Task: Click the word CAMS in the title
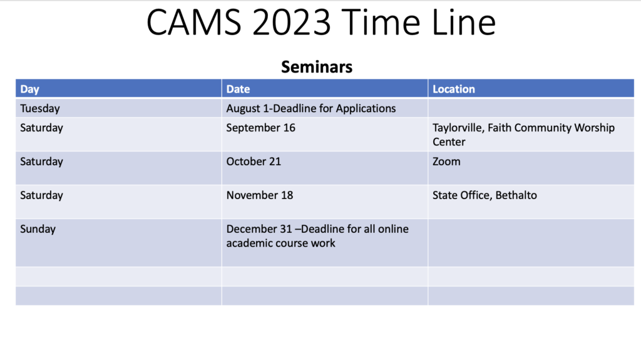click(x=194, y=23)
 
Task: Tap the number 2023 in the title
click(x=292, y=23)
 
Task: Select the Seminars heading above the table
click(x=317, y=67)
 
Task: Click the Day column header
click(x=30, y=89)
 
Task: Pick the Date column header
click(x=238, y=89)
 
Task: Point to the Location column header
click(x=454, y=89)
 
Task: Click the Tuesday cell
click(x=40, y=108)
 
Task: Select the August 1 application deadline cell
click(x=311, y=108)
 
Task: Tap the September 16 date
click(x=261, y=128)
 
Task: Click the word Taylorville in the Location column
click(x=459, y=128)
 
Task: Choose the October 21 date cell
click(x=254, y=162)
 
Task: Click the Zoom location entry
click(x=446, y=162)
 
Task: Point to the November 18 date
click(x=260, y=195)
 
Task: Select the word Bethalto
click(x=516, y=195)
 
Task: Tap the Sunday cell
click(x=38, y=229)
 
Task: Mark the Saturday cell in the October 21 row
click(x=42, y=162)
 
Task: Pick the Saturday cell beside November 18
click(x=42, y=195)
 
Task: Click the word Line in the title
click(x=464, y=23)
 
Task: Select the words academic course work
click(x=281, y=243)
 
